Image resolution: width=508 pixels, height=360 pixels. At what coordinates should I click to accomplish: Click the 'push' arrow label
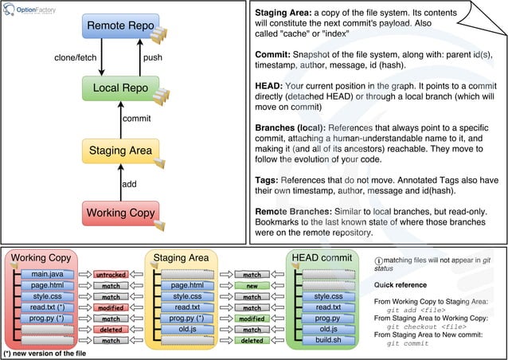pos(152,58)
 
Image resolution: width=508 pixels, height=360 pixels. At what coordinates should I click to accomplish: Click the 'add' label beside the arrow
pos(130,182)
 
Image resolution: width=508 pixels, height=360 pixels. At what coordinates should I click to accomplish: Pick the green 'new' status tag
pos(252,285)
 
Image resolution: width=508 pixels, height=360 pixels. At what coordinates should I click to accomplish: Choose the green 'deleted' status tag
pos(252,340)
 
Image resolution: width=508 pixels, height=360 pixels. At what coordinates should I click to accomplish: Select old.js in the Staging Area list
pos(187,329)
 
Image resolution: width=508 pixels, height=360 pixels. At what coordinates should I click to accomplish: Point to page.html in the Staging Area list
pos(187,285)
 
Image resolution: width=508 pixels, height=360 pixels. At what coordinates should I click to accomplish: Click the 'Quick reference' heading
pos(401,284)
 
